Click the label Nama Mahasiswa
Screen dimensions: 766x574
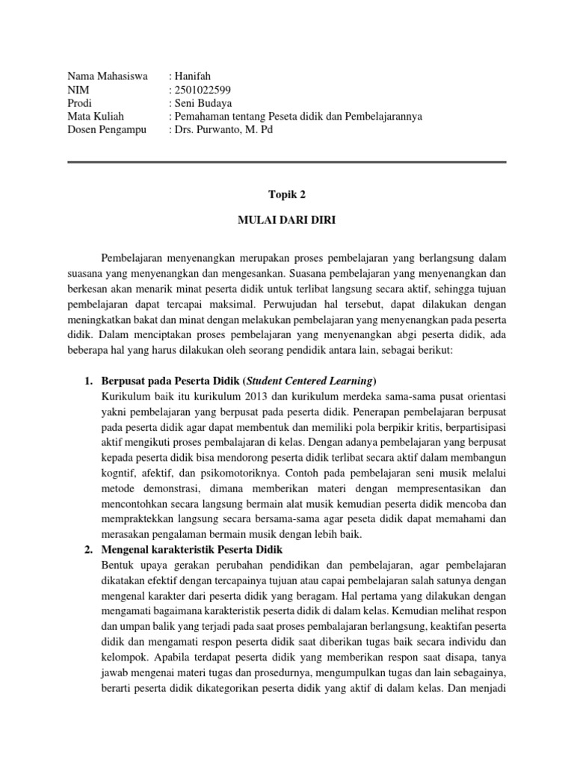[108, 76]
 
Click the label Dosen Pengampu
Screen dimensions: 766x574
[107, 130]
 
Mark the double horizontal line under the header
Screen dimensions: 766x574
[287, 162]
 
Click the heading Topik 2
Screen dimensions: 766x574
[287, 194]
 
